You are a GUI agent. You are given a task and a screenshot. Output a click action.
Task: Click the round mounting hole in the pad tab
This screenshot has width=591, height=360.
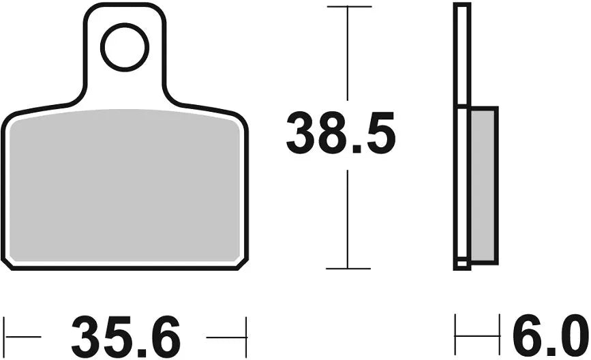125,47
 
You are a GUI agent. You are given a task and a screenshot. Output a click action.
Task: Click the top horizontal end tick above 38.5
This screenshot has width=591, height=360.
348,7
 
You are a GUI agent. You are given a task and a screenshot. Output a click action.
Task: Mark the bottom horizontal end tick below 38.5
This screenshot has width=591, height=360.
348,269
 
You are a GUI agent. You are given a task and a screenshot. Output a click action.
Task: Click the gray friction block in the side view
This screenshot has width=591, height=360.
483,184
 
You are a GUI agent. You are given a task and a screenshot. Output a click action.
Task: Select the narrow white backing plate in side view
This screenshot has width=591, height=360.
462,55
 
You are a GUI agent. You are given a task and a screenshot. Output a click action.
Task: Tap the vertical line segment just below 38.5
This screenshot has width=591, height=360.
348,218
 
